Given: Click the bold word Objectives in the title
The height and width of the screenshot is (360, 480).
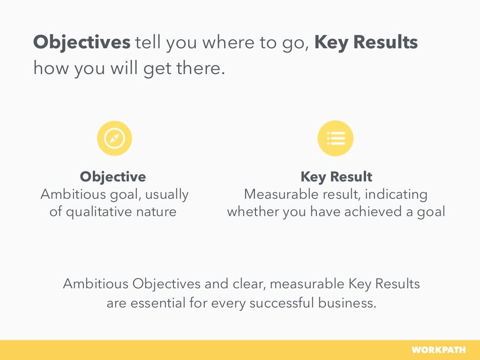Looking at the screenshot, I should [82, 43].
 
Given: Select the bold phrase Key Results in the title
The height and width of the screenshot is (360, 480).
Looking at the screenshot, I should [366, 43].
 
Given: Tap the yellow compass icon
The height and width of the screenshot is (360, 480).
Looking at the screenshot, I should [114, 138].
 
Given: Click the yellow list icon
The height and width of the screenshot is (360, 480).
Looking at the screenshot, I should [335, 138].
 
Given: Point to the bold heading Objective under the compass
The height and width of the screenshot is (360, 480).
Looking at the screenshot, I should [112, 177].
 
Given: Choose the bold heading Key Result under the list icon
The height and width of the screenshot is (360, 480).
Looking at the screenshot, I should [336, 177].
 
